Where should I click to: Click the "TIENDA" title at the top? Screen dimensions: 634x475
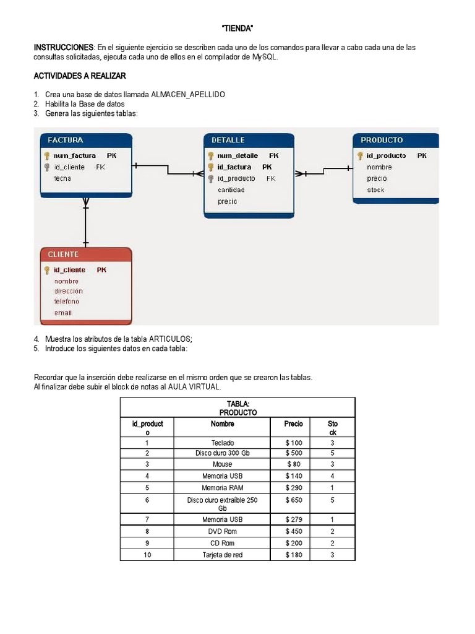(237, 29)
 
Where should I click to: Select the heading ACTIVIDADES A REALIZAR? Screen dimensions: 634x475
(80, 76)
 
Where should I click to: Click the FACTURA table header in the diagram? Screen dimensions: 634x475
(65, 140)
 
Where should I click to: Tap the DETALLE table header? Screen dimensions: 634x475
(228, 140)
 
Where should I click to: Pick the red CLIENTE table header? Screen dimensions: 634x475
(63, 254)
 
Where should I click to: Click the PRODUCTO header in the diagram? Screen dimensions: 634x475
(382, 140)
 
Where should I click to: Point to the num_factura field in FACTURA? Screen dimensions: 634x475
(75, 155)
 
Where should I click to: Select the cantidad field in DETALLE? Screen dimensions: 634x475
(231, 190)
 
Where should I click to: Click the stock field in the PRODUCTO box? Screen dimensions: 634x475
(375, 190)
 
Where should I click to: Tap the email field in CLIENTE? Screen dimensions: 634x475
(63, 313)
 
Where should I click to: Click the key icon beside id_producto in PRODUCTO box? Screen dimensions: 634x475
(360, 156)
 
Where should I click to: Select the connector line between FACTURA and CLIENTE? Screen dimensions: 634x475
(86, 223)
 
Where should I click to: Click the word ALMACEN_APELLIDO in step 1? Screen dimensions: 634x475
(188, 95)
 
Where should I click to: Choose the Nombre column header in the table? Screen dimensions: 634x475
(222, 424)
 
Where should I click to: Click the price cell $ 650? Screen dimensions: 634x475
(294, 500)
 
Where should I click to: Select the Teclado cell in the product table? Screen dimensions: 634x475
(222, 443)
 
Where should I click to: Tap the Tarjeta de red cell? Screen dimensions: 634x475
(222, 555)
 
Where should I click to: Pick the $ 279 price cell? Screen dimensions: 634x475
(294, 520)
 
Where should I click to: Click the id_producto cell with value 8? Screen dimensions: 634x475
(147, 531)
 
